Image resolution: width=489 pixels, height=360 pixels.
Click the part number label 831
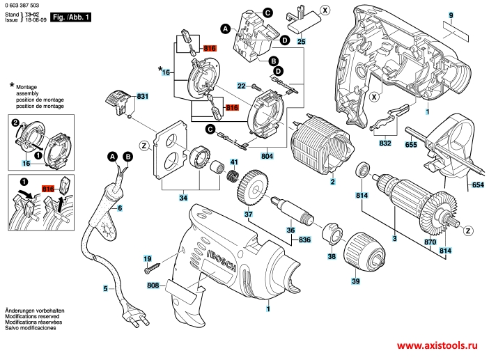(143, 95)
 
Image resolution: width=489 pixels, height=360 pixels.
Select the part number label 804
(267, 157)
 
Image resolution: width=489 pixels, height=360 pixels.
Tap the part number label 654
(477, 185)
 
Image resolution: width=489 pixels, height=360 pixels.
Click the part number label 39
(355, 281)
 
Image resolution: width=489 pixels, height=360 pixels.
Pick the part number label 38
(332, 257)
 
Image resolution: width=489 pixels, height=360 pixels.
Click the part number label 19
(147, 258)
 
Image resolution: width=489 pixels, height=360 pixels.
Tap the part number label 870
(430, 242)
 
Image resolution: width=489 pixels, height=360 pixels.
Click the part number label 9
(451, 15)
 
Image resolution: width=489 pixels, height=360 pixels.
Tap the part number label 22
(242, 85)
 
